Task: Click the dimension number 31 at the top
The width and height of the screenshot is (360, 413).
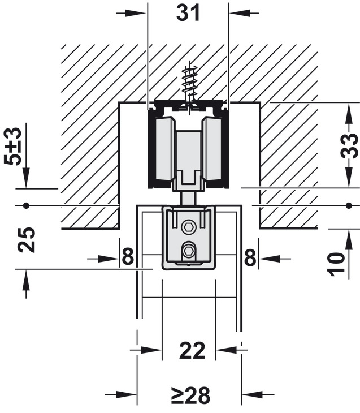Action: click(188, 13)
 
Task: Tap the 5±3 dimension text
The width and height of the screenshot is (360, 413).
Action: click(12, 146)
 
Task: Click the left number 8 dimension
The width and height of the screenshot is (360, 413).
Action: click(128, 257)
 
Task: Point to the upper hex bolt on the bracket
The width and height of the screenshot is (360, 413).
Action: click(189, 227)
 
